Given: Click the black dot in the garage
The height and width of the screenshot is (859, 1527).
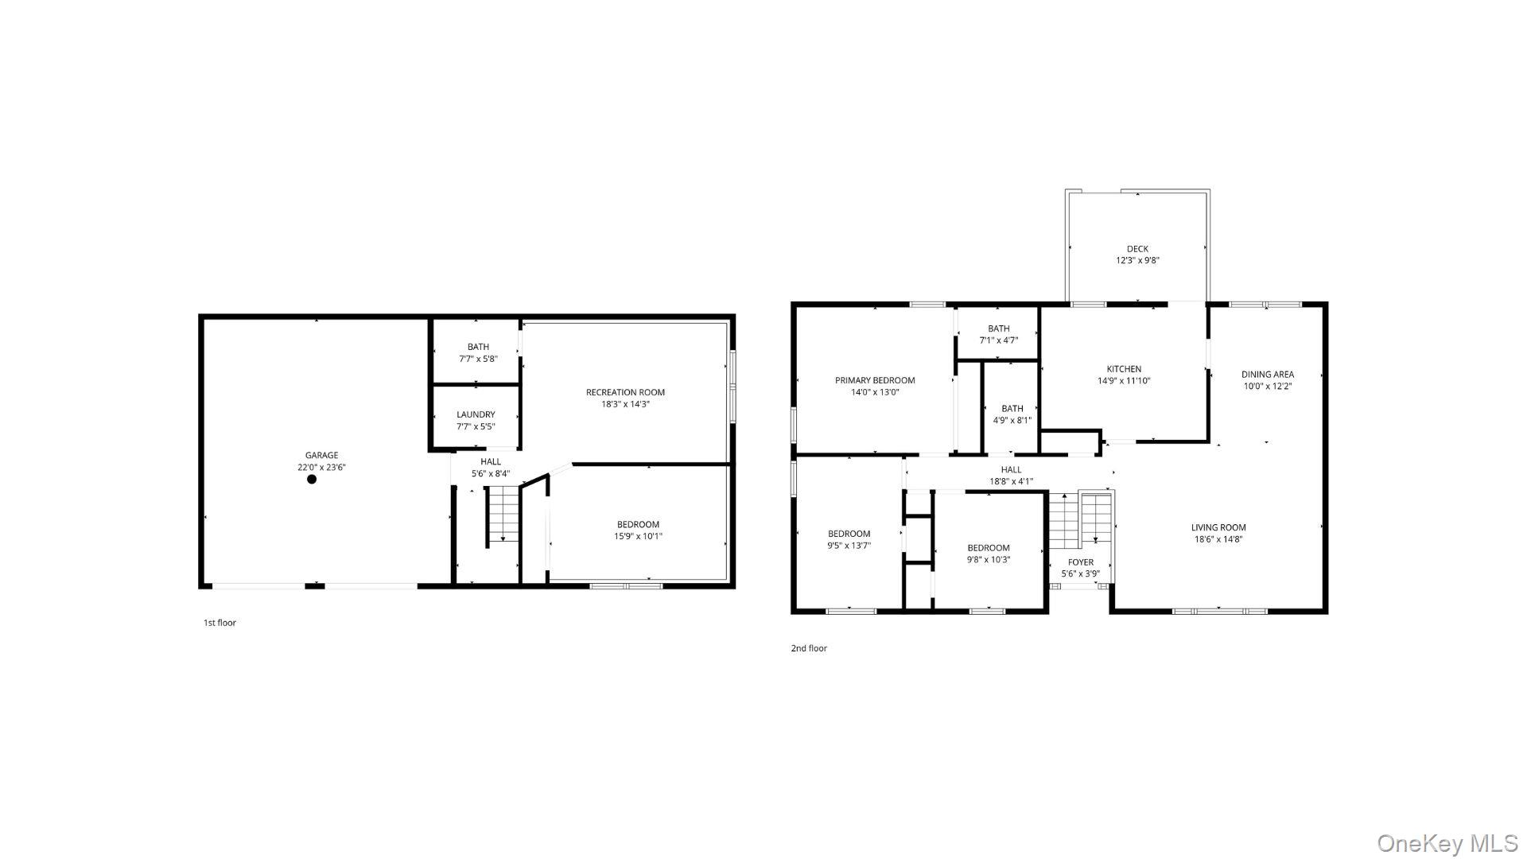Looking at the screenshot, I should click(x=312, y=479).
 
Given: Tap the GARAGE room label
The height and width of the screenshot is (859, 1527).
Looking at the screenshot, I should click(x=321, y=456).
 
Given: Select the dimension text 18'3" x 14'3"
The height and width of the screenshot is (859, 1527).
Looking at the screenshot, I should click(x=625, y=404).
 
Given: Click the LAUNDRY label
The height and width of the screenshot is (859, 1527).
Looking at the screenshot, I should click(x=476, y=414).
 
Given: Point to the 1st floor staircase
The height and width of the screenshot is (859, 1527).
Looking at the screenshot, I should click(x=503, y=515).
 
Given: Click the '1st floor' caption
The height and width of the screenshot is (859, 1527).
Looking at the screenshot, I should click(x=220, y=623).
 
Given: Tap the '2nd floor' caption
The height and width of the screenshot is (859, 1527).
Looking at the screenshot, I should click(x=808, y=648).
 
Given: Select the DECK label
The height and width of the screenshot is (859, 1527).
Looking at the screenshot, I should click(x=1137, y=249).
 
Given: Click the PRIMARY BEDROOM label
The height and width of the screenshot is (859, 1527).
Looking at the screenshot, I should click(x=875, y=380).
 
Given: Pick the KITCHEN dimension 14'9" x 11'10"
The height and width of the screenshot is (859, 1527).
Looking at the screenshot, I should click(x=1124, y=381).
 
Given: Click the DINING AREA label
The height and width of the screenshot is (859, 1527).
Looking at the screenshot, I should click(x=1268, y=375).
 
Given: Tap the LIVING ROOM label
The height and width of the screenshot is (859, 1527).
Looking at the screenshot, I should click(x=1218, y=527).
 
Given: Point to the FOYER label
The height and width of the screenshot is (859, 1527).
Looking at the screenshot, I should click(x=1080, y=562).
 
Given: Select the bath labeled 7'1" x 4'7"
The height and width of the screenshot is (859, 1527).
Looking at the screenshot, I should click(x=998, y=334).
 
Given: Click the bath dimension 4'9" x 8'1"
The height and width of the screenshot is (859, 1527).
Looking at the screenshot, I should click(x=1012, y=421).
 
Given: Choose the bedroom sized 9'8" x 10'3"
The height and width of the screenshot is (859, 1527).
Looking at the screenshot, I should click(x=988, y=554).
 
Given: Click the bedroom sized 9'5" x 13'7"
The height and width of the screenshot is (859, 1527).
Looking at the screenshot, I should click(x=849, y=539).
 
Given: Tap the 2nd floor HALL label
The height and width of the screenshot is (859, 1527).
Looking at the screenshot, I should click(x=1011, y=469).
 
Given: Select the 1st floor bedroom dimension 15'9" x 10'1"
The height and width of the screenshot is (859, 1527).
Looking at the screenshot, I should click(x=638, y=536).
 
